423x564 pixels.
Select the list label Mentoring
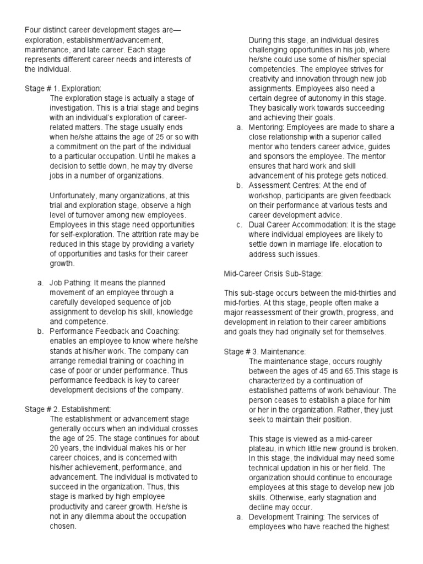[x=267, y=127]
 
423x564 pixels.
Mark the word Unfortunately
[x=74, y=195]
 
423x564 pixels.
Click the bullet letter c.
[x=239, y=224]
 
